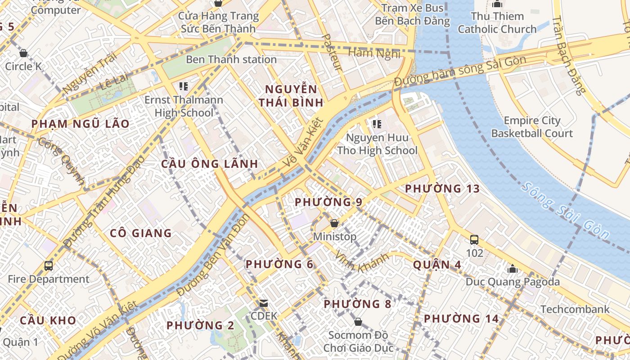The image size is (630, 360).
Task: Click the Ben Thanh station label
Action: [x=231, y=59]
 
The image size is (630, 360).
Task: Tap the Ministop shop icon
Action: [x=334, y=223]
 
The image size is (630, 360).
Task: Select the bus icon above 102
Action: [x=474, y=240]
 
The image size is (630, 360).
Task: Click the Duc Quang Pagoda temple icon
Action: [x=512, y=269]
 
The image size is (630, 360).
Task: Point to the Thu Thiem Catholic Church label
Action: [x=497, y=23]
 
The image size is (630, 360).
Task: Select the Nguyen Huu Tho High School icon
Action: [x=377, y=124]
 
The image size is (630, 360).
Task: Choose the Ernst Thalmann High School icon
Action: [x=183, y=86]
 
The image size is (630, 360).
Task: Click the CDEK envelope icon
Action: [x=264, y=303]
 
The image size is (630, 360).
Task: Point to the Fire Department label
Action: [x=49, y=279]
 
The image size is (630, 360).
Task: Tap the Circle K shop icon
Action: [x=23, y=53]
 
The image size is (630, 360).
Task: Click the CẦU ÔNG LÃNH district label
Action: [x=210, y=164]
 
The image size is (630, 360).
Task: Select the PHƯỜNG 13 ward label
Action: [x=442, y=189]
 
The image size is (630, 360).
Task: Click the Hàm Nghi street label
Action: [x=374, y=53]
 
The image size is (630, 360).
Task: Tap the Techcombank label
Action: [x=575, y=309]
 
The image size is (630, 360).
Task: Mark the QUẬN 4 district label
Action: [x=437, y=265]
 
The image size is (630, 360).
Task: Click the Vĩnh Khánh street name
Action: [x=361, y=262]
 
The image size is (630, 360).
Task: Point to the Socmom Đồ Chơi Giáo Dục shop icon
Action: [x=358, y=322]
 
